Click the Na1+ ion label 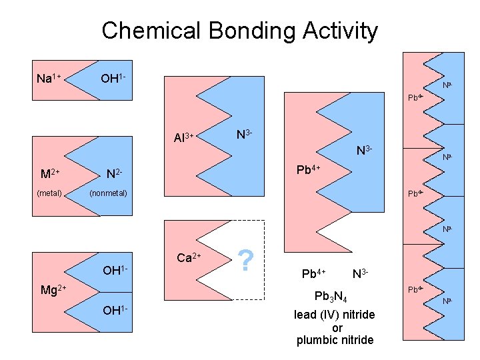click(49, 79)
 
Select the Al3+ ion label click(183, 138)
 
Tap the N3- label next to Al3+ click(245, 135)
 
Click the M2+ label click(50, 175)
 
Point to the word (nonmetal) click(108, 194)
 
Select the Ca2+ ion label click(189, 257)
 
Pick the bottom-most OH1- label click(114, 310)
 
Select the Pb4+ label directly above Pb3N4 click(313, 273)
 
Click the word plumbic click(315, 340)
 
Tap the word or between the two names click(337, 327)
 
